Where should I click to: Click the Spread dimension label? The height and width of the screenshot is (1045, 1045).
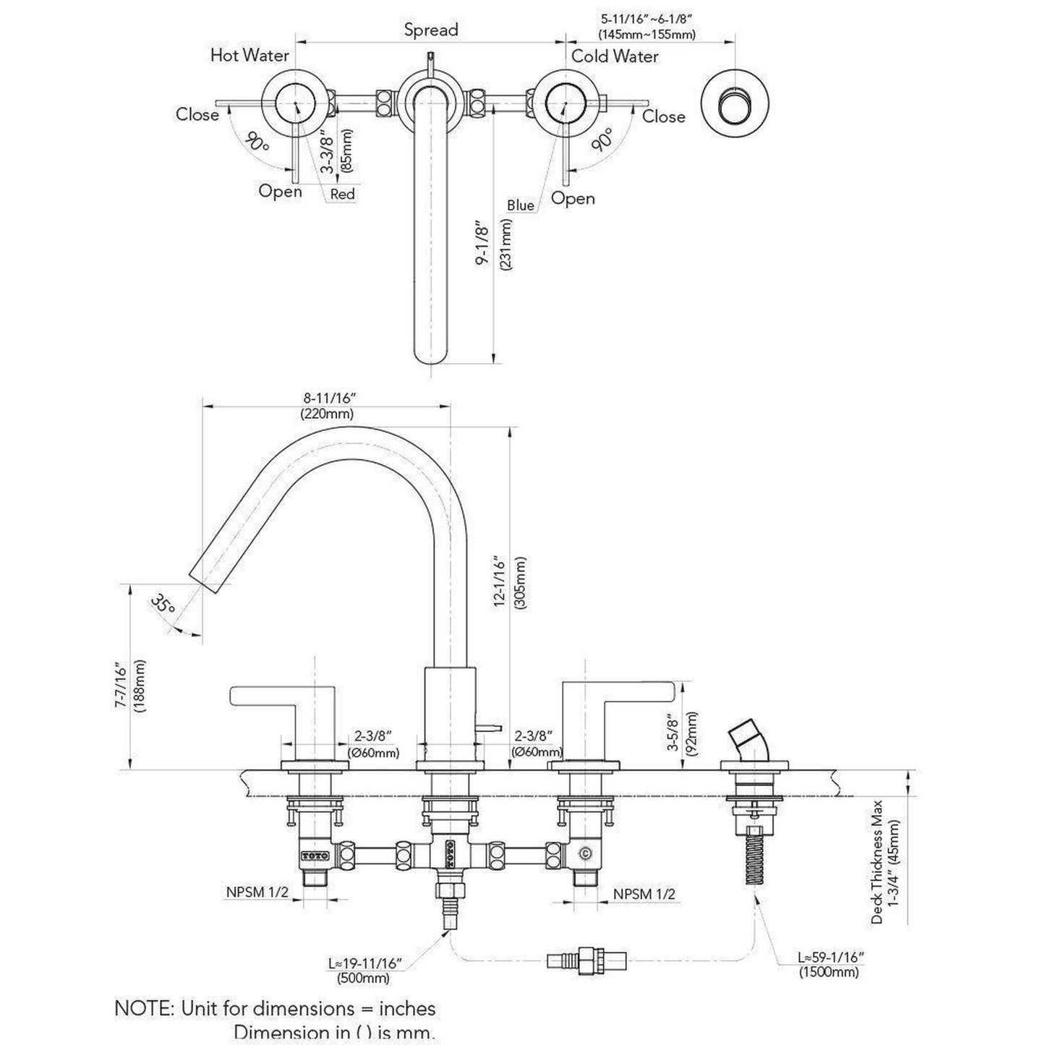point(431,30)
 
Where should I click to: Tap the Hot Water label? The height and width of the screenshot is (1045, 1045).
point(249,55)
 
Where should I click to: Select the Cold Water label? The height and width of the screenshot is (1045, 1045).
point(615,56)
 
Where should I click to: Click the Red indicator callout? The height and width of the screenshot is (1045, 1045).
point(342,194)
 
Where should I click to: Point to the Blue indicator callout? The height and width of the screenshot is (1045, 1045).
point(520,205)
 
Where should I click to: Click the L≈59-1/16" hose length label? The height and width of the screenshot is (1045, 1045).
point(831,957)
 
